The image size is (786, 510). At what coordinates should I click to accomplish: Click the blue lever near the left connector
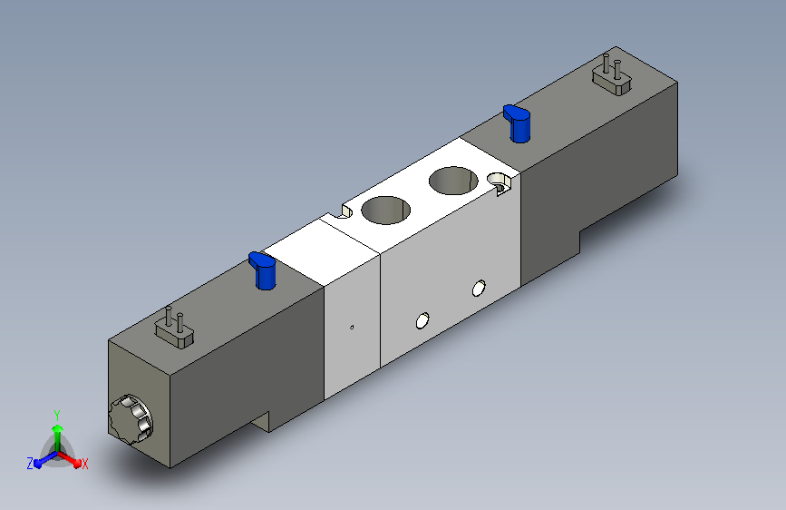[262, 270]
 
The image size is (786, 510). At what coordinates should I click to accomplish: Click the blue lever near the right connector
[517, 123]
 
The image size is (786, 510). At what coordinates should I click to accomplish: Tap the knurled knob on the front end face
[131, 419]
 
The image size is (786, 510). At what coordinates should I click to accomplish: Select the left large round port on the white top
[386, 210]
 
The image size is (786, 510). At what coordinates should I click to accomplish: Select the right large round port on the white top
[453, 181]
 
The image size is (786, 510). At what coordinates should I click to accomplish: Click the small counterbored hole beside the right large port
[499, 181]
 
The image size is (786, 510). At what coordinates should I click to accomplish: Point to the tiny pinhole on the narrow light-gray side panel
[352, 328]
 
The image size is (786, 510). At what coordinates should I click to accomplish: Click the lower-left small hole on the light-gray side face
[422, 320]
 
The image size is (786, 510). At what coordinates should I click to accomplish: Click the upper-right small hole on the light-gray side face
[479, 289]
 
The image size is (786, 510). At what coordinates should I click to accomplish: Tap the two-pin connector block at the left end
[174, 329]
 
